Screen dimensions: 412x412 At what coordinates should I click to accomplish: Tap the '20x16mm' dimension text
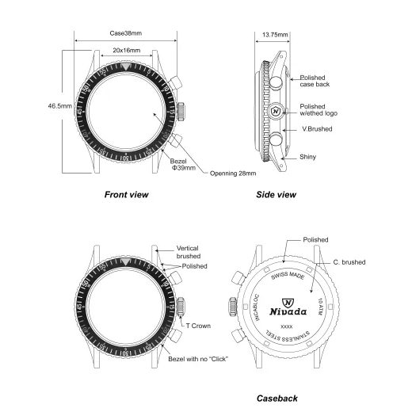(127, 50)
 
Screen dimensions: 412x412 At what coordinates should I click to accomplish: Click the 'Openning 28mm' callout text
(235, 174)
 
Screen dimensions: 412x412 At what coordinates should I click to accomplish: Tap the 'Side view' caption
(276, 194)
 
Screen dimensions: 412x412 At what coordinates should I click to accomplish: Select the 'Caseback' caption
(277, 399)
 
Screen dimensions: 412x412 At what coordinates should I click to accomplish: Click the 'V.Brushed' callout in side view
(317, 128)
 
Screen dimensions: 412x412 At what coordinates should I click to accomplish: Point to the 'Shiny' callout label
(308, 158)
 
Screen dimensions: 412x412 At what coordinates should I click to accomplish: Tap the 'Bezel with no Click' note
(198, 360)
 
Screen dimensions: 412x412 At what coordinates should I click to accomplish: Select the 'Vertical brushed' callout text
(188, 252)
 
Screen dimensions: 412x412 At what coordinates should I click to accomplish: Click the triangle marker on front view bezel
(126, 69)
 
